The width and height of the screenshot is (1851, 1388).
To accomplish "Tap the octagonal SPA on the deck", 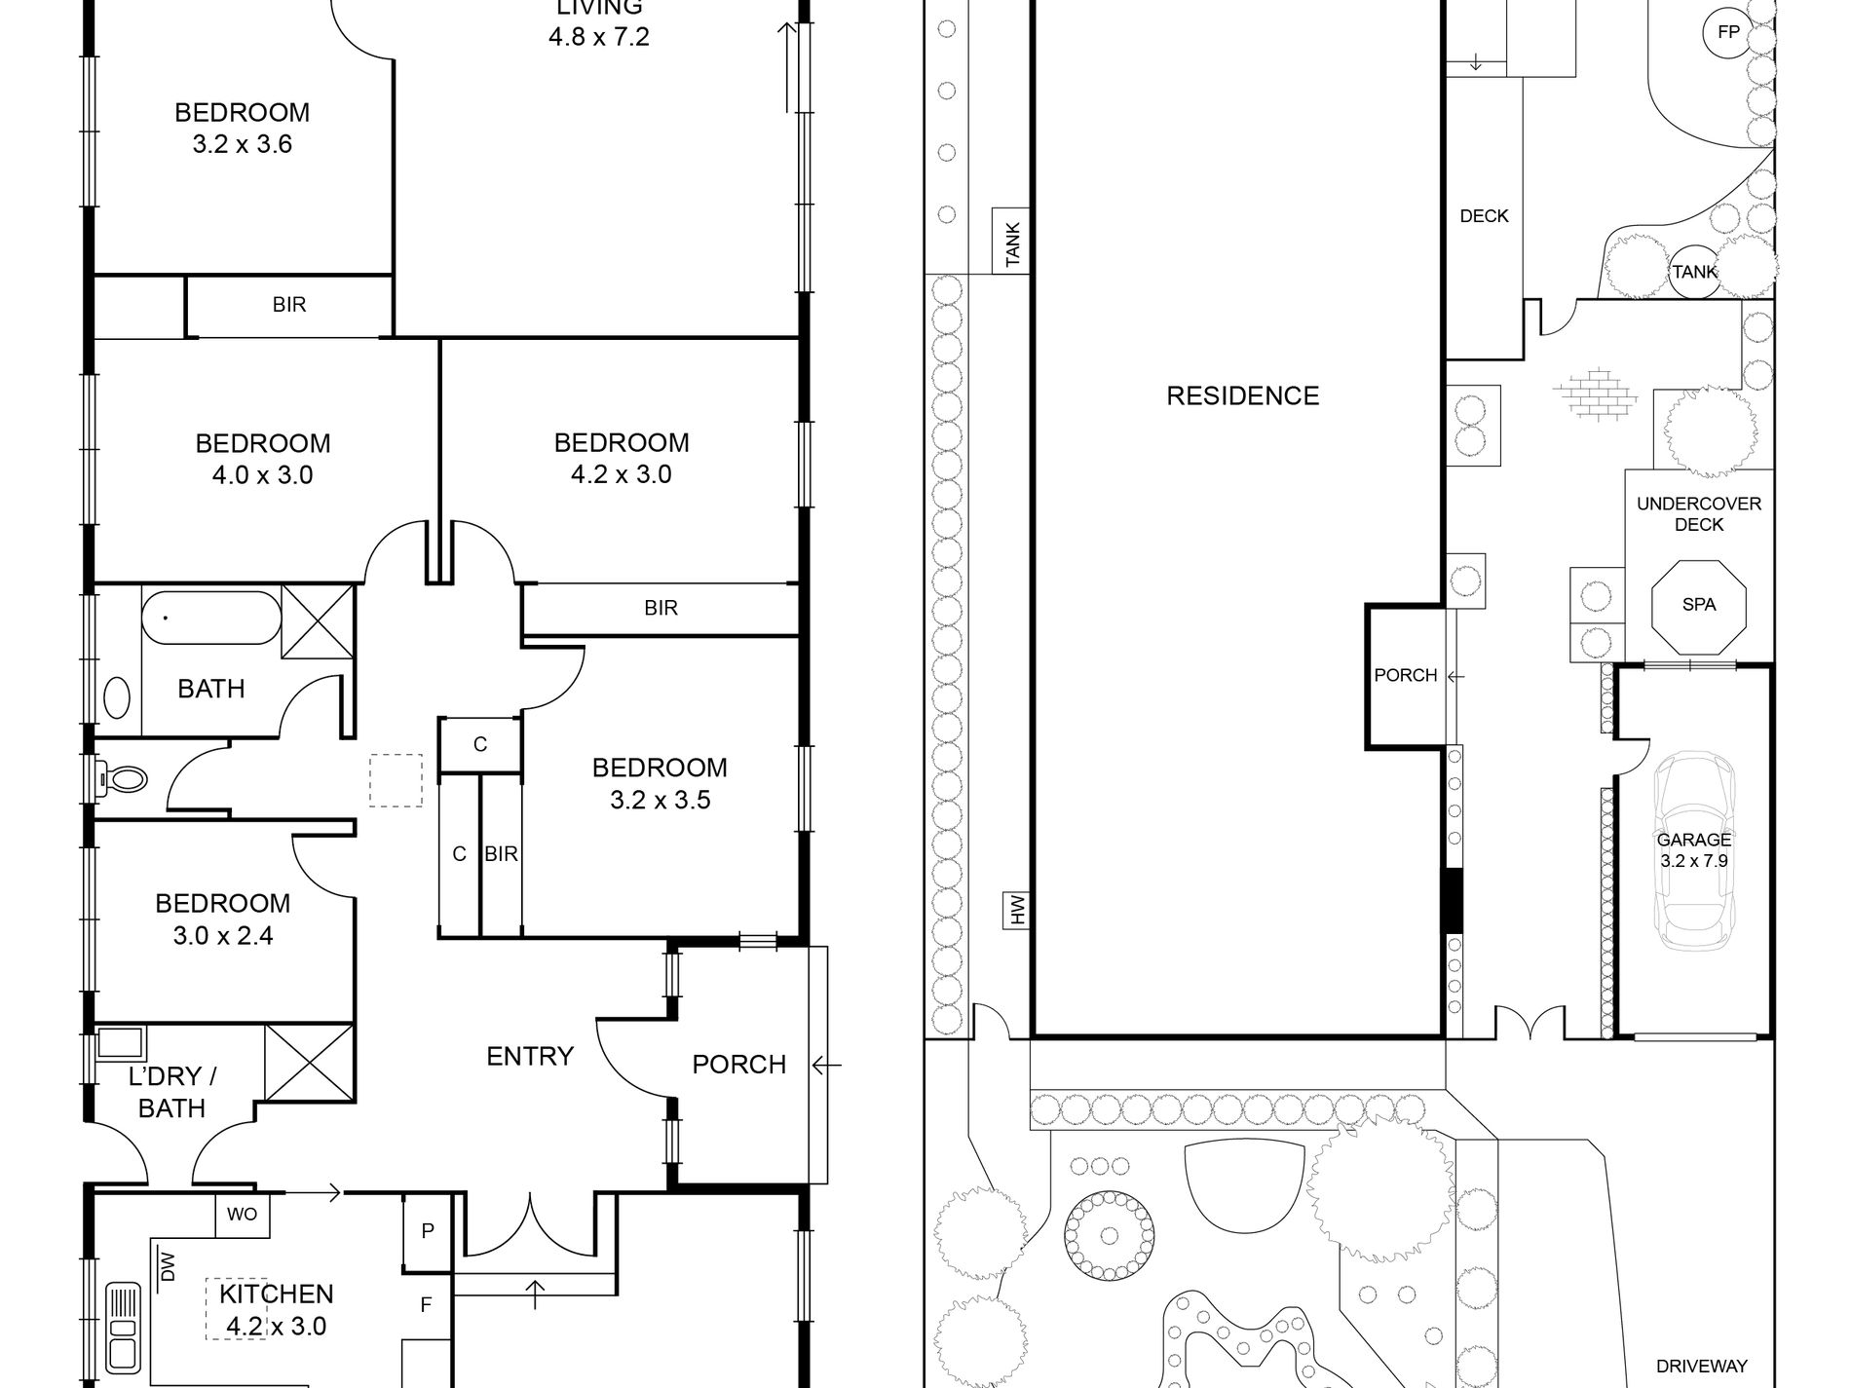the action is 1699,605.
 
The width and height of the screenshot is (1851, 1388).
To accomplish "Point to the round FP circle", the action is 1728,32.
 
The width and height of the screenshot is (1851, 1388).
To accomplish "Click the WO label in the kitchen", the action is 242,1216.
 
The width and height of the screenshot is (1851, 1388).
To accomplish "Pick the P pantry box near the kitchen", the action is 428,1232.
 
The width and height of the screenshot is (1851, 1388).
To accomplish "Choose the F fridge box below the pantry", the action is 426,1305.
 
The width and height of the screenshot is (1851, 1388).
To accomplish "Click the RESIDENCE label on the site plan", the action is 1243,395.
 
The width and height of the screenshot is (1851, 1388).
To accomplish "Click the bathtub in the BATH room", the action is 211,618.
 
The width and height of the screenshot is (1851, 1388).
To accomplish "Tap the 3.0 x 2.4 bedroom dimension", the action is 223,936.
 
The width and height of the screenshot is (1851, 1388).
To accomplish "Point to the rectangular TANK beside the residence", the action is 1012,242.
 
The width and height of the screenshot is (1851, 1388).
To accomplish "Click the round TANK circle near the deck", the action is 1695,272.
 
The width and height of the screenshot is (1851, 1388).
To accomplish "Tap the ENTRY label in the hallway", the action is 530,1056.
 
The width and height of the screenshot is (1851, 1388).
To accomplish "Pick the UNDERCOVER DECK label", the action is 1699,514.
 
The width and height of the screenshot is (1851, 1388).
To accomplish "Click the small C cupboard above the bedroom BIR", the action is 480,745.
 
